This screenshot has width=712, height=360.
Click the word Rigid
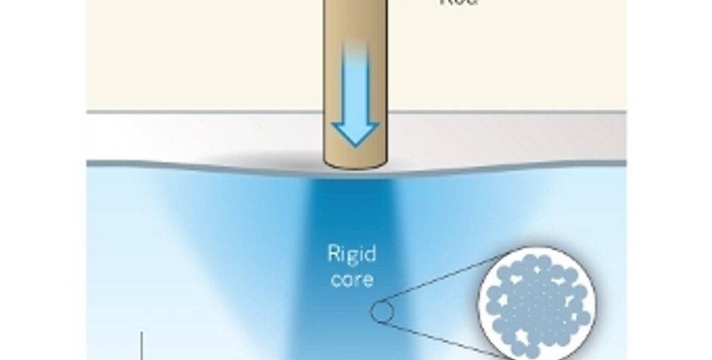pos(351,254)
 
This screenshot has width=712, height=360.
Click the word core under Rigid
pos(351,278)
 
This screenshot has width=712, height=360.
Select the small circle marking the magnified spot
pos(381,313)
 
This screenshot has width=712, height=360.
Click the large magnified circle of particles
pos(536,306)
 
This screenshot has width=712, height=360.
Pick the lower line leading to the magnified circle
pos(441,336)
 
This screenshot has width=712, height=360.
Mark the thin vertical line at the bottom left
pos(142,345)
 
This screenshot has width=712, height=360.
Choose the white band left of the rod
pos(201,138)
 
